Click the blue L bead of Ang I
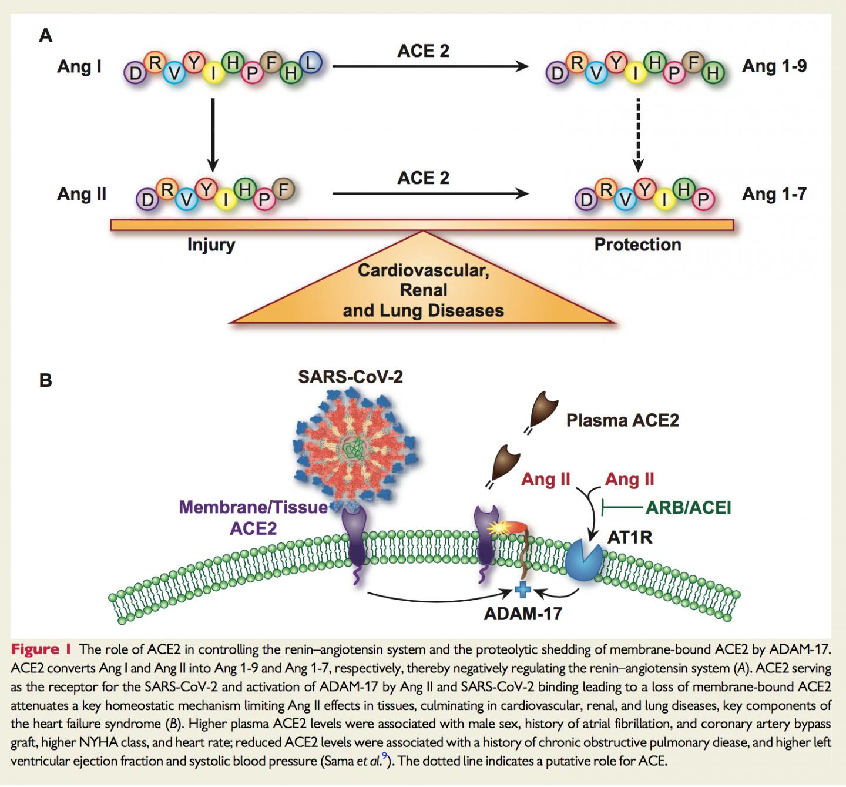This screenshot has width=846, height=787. pyautogui.click(x=311, y=62)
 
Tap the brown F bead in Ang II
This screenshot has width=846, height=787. pyautogui.click(x=284, y=190)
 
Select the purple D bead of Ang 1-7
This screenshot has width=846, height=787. pyautogui.click(x=586, y=200)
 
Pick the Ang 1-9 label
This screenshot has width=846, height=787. pyautogui.click(x=774, y=66)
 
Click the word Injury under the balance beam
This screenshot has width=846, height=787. pyautogui.click(x=211, y=245)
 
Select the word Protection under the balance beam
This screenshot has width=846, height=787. pyautogui.click(x=637, y=245)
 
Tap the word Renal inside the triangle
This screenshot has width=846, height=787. pyautogui.click(x=423, y=290)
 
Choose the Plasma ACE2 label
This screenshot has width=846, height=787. pyautogui.click(x=622, y=420)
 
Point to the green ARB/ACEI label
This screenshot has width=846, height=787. pyautogui.click(x=688, y=507)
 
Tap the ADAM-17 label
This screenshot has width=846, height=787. pyautogui.click(x=523, y=614)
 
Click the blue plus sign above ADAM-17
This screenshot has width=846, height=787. pyautogui.click(x=522, y=590)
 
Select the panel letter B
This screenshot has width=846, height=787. pyautogui.click(x=45, y=380)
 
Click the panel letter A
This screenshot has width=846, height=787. pyautogui.click(x=45, y=36)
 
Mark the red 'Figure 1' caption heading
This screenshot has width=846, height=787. pyautogui.click(x=41, y=649)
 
